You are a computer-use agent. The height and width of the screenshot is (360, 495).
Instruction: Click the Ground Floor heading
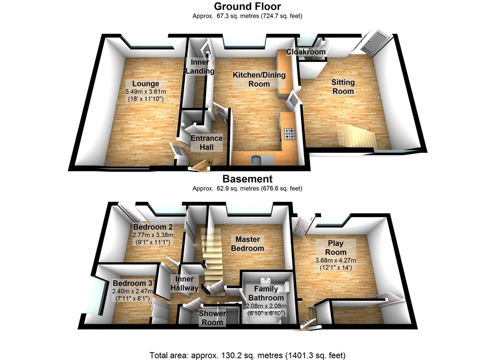click(247, 6)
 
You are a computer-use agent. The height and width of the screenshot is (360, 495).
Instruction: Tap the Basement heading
click(247, 179)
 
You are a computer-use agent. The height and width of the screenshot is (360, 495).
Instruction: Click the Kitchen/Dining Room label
click(259, 79)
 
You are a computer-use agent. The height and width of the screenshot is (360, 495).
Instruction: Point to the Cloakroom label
click(306, 52)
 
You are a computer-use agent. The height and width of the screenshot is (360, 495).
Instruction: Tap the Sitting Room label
click(343, 87)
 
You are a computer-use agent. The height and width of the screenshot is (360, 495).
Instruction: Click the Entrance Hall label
click(206, 142)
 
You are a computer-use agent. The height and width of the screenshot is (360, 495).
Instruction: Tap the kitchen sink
click(257, 159)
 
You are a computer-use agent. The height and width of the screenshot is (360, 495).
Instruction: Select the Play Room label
click(336, 248)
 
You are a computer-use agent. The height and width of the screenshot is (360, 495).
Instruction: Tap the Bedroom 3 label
click(132, 283)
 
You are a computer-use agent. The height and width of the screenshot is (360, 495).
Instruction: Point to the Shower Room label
click(212, 318)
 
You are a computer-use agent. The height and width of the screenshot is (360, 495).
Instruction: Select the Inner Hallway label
click(185, 284)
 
